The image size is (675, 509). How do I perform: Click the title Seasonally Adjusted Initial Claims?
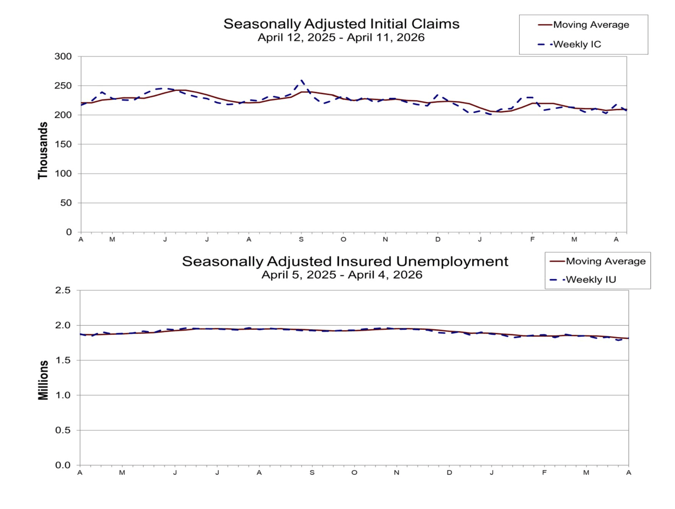click(x=341, y=24)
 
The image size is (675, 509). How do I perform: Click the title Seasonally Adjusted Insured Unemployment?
click(x=345, y=261)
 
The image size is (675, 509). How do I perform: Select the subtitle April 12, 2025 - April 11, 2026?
click(x=341, y=37)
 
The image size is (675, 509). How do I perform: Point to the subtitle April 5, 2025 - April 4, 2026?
click(x=342, y=275)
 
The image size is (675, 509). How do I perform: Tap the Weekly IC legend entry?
click(x=577, y=44)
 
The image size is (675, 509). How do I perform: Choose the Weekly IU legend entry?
click(x=591, y=280)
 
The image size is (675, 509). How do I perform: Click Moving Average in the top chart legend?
click(x=591, y=25)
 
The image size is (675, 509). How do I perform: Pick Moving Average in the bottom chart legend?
click(x=605, y=261)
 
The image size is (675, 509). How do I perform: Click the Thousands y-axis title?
click(x=43, y=151)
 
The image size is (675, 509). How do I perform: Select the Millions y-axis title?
click(x=43, y=380)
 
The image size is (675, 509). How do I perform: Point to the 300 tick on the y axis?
click(x=63, y=57)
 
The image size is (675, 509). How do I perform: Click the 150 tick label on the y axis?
click(x=63, y=144)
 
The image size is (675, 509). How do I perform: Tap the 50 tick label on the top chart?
click(x=66, y=203)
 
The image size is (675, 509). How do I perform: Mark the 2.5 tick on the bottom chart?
click(x=63, y=290)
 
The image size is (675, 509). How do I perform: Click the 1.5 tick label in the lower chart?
click(x=63, y=360)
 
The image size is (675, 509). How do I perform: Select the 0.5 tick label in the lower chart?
click(x=63, y=430)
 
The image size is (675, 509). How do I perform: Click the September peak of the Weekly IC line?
click(x=302, y=81)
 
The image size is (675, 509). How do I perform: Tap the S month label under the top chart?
click(x=301, y=240)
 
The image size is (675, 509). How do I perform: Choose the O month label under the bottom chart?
click(x=354, y=473)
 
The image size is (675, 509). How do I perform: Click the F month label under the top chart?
click(x=532, y=240)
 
